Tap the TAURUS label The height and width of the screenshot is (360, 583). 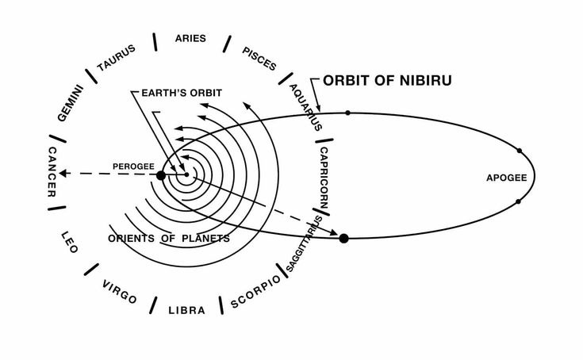point(117,58)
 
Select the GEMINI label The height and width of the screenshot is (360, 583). point(71,102)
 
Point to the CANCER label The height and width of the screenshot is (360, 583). point(52,172)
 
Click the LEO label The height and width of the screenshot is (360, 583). point(70,241)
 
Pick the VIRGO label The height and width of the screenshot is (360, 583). point(120,292)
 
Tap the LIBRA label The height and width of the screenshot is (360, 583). point(186,310)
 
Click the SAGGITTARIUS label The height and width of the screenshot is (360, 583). point(305,243)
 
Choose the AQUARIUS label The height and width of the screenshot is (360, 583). point(305,106)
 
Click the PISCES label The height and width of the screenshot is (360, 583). point(260,59)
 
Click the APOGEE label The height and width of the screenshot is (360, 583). point(506,178)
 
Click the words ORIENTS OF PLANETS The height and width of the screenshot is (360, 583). point(169,238)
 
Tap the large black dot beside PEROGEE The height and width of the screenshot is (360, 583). point(161,174)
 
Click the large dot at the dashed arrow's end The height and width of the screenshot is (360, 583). point(343,237)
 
